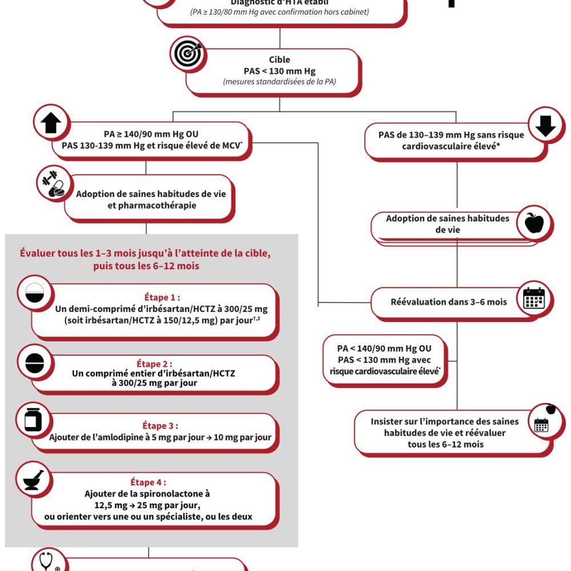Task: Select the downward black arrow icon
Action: [546, 126]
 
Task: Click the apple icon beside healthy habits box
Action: [534, 222]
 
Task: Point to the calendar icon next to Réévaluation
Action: [534, 299]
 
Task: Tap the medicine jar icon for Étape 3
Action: [33, 421]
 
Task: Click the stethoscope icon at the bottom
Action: [48, 562]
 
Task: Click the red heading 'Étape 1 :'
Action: [162, 297]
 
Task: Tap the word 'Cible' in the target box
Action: [279, 59]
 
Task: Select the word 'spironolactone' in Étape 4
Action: [170, 494]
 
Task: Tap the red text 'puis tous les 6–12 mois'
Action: [147, 266]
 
